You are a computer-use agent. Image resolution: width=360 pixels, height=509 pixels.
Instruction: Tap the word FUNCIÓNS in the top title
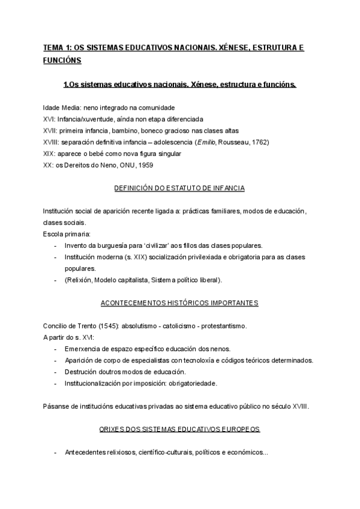[x=62, y=60]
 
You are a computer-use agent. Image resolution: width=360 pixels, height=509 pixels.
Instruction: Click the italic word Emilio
[x=214, y=142]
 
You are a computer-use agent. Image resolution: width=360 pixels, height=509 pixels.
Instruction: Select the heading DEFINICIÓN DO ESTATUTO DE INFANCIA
[x=179, y=188]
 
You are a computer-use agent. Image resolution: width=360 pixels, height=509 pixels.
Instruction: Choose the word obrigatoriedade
[x=191, y=383]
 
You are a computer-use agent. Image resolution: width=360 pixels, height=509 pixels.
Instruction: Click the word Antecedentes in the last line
[x=85, y=452]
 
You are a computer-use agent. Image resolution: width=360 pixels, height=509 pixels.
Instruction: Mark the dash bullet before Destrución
[x=55, y=372]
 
